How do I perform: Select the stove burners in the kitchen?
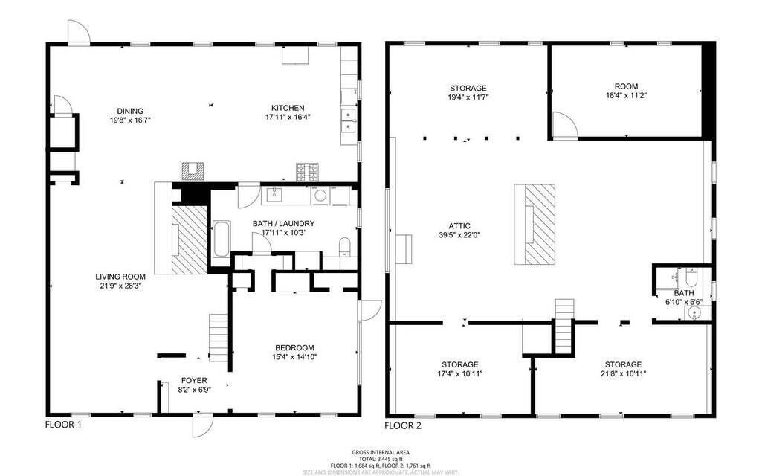[x=307, y=173]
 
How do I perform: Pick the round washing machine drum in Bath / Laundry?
[x=320, y=196]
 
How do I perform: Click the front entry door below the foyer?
[x=201, y=426]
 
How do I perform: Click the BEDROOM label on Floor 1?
[x=294, y=347]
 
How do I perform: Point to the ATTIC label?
[x=460, y=226]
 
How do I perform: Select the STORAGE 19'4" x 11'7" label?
[x=468, y=88]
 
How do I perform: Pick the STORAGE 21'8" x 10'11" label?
[x=623, y=364]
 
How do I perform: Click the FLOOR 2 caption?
[x=403, y=426]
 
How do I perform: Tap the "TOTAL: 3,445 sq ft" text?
[x=381, y=458]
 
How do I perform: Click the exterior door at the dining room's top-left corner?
[x=78, y=31]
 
